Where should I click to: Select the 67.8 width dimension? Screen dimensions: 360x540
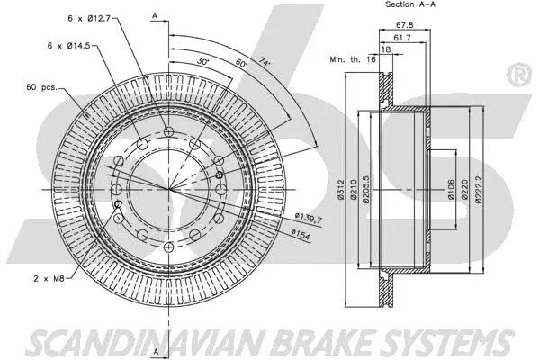403,24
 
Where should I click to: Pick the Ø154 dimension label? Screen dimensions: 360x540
301,235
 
